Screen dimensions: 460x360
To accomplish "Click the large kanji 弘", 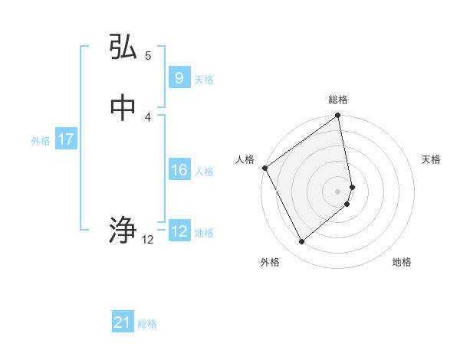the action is (123, 47).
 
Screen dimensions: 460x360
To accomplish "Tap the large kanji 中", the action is (123, 108).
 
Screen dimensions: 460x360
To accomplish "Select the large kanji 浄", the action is (123, 230).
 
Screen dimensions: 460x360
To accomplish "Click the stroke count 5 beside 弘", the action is (147, 56).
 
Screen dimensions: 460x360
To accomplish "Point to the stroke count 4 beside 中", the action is (147, 116).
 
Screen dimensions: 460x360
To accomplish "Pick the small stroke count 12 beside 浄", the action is (148, 240).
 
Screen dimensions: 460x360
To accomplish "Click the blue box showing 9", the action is (179, 78).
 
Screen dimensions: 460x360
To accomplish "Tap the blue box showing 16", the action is (179, 170).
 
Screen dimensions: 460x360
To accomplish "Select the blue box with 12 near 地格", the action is (179, 231).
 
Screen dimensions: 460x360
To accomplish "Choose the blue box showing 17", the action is (65, 139).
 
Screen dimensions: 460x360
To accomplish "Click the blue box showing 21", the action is (122, 323).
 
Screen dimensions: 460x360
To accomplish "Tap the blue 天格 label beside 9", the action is (204, 80).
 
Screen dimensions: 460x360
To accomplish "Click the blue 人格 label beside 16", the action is (205, 172).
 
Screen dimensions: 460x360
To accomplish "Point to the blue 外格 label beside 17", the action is (40, 141).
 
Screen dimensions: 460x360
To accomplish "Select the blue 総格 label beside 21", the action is (147, 325).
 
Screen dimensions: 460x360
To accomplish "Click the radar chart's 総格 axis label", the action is (338, 100).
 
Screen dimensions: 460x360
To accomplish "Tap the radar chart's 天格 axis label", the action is (431, 159).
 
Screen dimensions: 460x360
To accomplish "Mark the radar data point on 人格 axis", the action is (264, 168).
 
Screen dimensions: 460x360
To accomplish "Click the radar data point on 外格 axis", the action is (301, 241).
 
